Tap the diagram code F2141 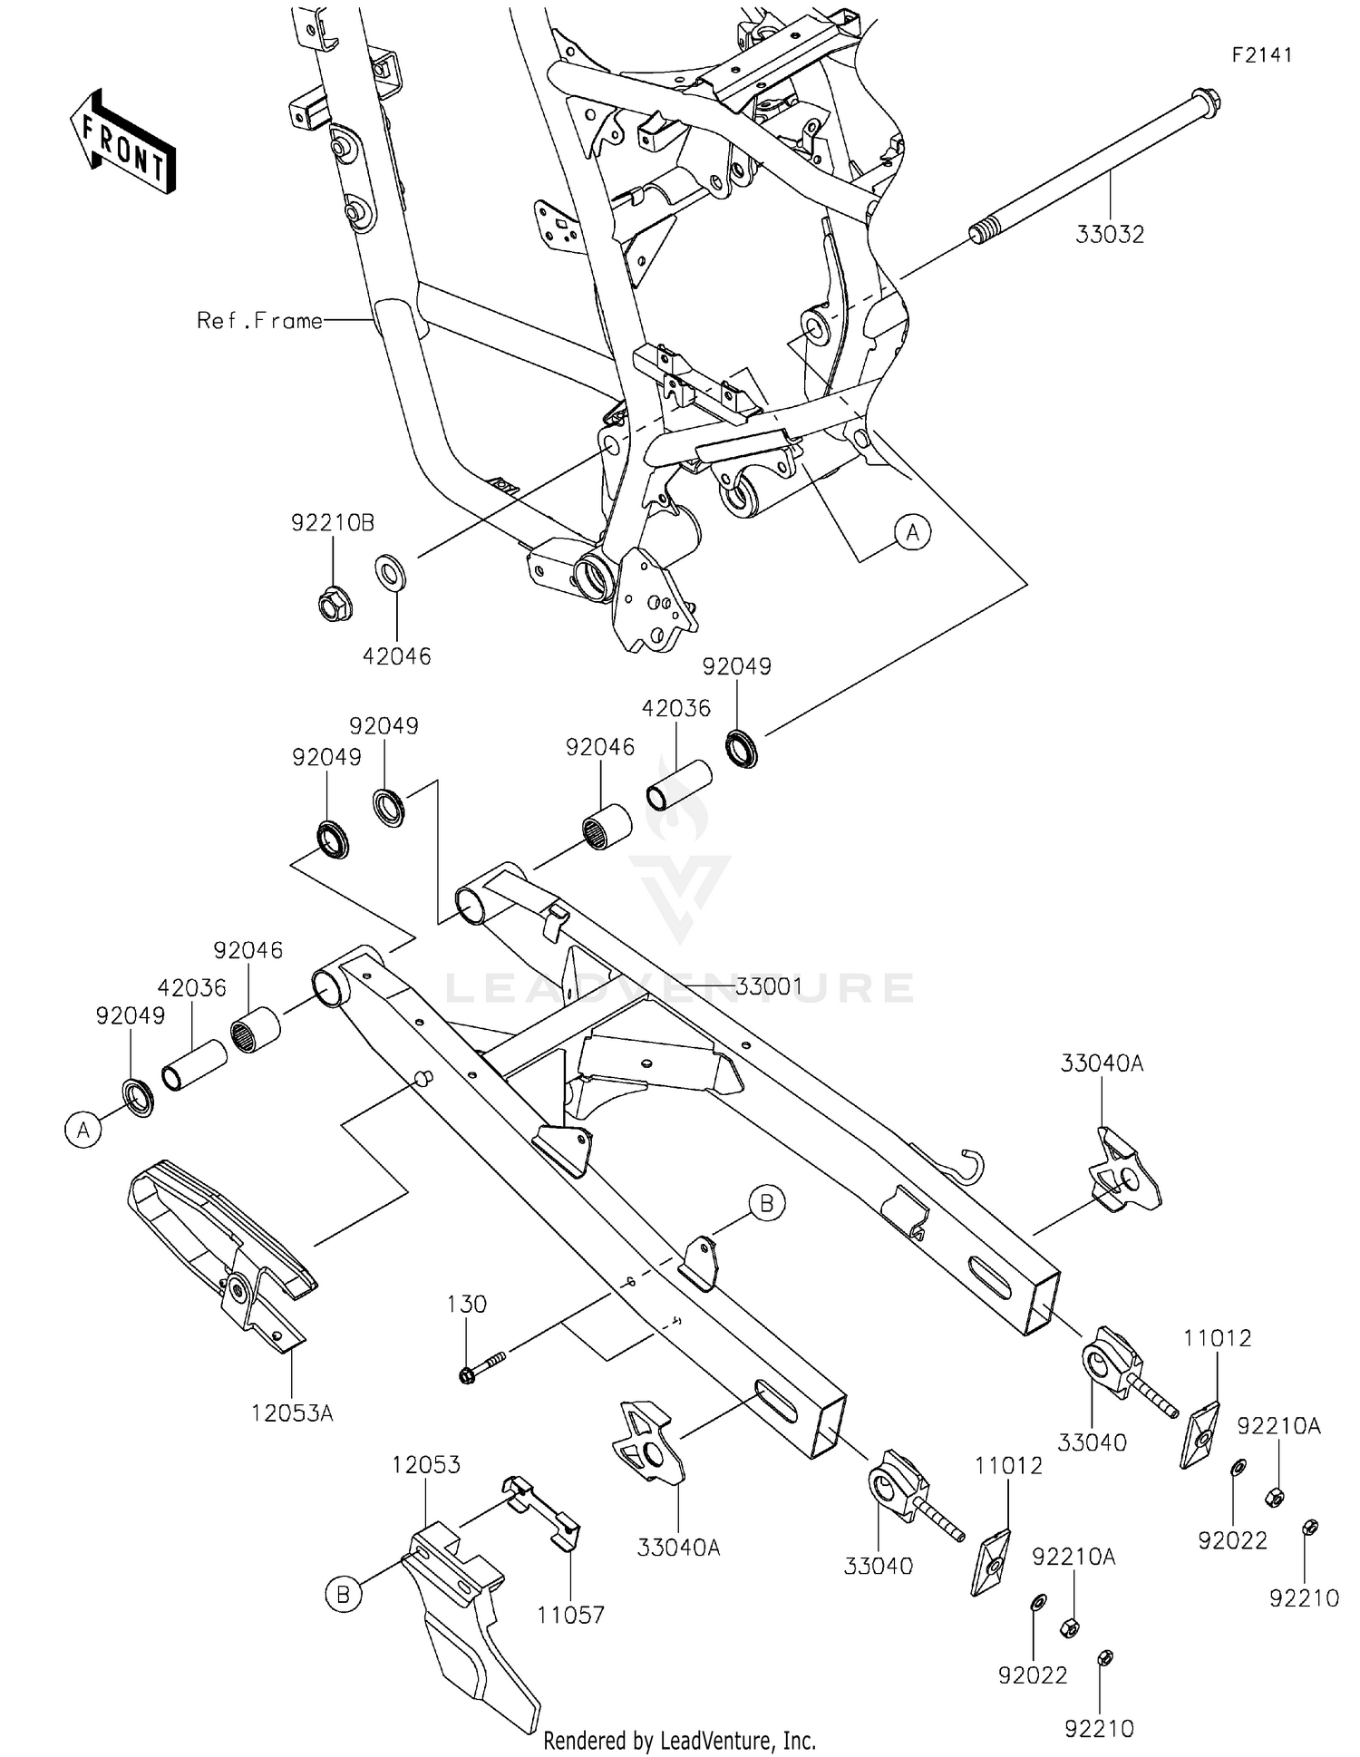click(1261, 55)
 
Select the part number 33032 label click(1110, 234)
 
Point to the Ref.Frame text click(259, 320)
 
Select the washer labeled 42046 click(391, 574)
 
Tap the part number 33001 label click(768, 986)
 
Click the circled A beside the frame click(912, 532)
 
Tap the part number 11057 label click(570, 1615)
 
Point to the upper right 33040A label click(1102, 1063)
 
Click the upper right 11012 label click(1217, 1338)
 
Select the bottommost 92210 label click(1099, 1729)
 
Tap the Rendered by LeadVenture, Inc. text click(679, 1740)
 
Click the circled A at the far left click(83, 1131)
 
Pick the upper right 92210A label click(1278, 1426)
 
